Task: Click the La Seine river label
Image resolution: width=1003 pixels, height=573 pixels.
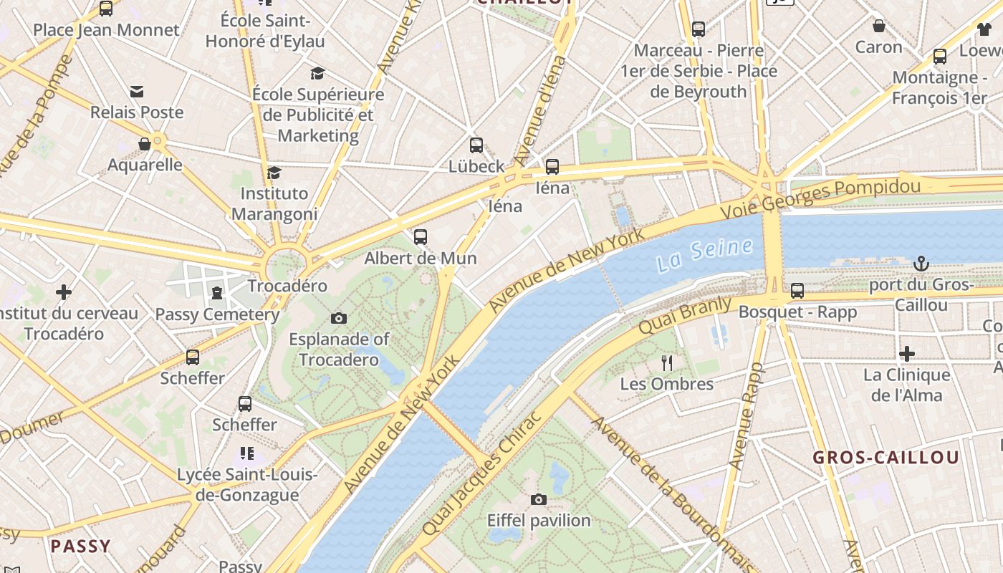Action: click(705, 255)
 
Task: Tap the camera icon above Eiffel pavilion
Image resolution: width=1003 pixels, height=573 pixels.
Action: click(539, 499)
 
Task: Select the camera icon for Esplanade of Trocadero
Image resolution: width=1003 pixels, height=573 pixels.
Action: click(339, 318)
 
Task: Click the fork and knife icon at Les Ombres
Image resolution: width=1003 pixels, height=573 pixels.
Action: click(667, 362)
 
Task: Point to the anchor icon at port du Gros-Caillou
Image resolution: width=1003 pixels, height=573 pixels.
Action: click(921, 264)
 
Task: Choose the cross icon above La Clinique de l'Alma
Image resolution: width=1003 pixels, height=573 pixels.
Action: click(907, 354)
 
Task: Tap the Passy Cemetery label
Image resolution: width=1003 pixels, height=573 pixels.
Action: click(217, 314)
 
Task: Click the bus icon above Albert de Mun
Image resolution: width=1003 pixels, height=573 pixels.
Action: click(421, 236)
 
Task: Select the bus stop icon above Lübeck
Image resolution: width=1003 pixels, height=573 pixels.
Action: click(476, 145)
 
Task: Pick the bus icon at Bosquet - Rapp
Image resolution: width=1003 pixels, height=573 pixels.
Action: click(797, 291)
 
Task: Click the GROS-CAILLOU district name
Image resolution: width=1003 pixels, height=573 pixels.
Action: click(886, 458)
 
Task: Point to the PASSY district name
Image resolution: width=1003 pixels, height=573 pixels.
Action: click(80, 546)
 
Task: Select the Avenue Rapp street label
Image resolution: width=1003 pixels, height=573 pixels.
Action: click(747, 416)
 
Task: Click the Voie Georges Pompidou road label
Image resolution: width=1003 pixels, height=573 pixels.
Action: click(820, 198)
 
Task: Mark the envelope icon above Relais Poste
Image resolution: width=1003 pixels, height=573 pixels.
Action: click(137, 92)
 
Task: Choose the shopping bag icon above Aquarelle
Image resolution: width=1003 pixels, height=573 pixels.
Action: click(145, 144)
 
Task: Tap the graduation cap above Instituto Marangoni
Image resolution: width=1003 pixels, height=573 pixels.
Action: click(274, 173)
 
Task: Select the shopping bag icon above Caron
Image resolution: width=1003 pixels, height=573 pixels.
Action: click(879, 27)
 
